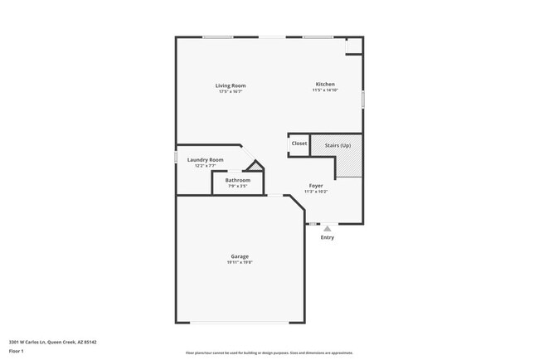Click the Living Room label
[x=231, y=85]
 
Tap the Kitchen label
[x=324, y=84]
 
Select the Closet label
[x=299, y=144]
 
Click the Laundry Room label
[x=205, y=159]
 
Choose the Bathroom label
[x=237, y=180]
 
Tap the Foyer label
[x=316, y=185]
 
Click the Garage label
[x=240, y=256]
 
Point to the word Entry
[x=328, y=238]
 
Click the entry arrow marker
[x=328, y=228]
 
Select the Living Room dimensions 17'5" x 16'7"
[x=231, y=92]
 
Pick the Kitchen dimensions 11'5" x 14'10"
[x=325, y=90]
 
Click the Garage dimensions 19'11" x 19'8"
[x=240, y=263]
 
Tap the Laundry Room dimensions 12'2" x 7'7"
[x=205, y=166]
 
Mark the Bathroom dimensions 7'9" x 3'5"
[x=237, y=187]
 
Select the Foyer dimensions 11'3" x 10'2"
[x=316, y=192]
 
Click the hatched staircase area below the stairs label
[x=348, y=163]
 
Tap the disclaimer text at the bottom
[x=269, y=353]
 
